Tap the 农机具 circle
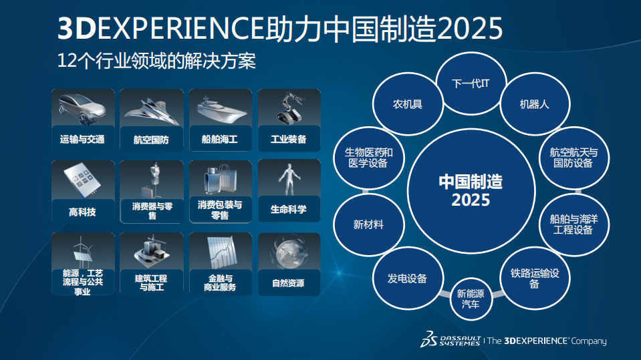point(408,104)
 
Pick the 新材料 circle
point(368,225)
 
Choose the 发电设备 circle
point(407,278)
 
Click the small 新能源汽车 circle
point(470,299)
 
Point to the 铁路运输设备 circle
point(534,279)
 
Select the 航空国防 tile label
point(151,140)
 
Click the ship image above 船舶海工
point(220,108)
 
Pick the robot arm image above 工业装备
point(289,108)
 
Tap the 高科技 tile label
point(82,212)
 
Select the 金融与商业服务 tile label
point(220,283)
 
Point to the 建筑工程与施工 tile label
point(151,283)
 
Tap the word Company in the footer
point(589,341)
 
